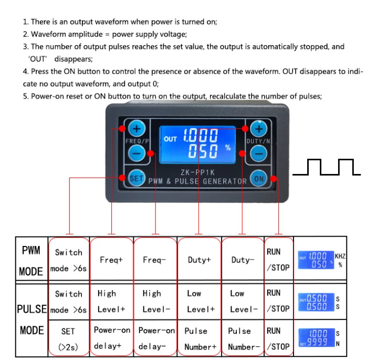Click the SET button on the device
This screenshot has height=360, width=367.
(137, 178)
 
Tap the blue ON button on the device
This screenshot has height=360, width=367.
(259, 178)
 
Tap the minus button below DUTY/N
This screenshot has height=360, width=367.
(259, 153)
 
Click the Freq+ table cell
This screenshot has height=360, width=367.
(111, 260)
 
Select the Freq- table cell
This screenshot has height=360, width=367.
(155, 260)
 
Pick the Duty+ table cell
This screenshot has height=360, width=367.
(199, 260)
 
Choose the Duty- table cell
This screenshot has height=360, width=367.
(243, 260)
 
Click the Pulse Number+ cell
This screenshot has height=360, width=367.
(199, 339)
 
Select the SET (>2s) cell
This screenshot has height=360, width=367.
(68, 339)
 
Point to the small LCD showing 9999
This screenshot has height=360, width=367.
(316, 338)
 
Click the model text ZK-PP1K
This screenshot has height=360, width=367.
(197, 171)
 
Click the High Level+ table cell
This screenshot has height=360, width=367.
(111, 301)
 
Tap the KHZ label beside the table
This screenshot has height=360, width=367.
(340, 256)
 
